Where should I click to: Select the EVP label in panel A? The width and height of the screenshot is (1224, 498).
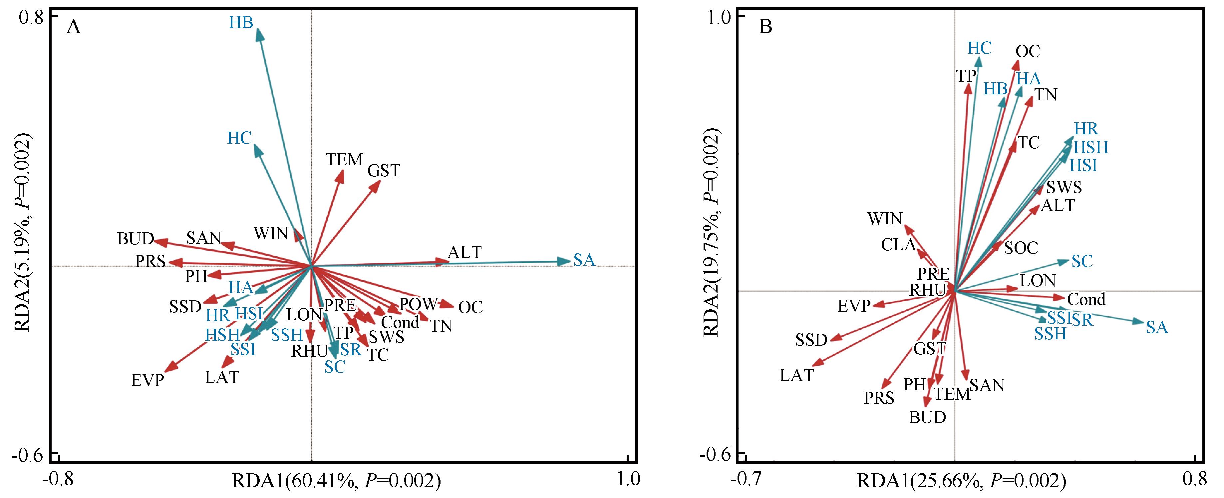(148, 381)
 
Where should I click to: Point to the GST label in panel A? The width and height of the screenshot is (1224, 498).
(384, 170)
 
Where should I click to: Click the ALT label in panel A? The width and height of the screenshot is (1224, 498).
(465, 252)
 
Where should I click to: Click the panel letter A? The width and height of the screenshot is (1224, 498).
(74, 27)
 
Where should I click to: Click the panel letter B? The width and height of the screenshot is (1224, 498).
(765, 27)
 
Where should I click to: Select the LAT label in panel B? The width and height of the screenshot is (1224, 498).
(797, 376)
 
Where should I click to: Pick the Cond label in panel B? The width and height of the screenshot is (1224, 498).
(1087, 299)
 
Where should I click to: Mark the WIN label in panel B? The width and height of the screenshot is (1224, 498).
(885, 219)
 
